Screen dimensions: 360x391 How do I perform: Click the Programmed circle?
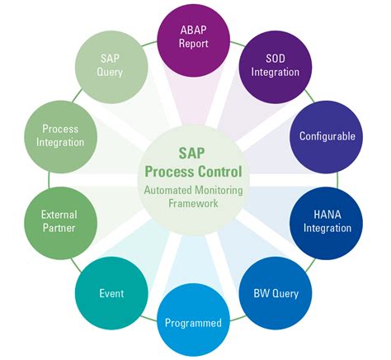click(192, 321)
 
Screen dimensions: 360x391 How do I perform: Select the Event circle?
click(112, 291)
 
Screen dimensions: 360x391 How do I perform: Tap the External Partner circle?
click(59, 220)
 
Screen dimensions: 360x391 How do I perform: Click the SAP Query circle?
click(111, 65)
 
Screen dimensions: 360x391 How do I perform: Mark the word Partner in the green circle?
click(59, 228)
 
